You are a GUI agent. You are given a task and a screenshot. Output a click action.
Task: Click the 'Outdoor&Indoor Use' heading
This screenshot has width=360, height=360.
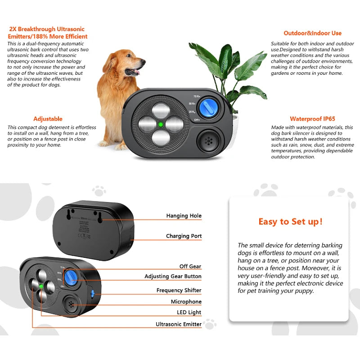tap(312, 33)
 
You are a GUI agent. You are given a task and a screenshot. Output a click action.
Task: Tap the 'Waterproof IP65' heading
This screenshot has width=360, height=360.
tap(312, 119)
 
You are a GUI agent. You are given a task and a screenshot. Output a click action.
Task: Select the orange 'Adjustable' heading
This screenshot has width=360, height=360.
tap(48, 119)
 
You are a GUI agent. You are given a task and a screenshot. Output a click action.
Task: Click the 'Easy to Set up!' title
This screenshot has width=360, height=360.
tap(290, 221)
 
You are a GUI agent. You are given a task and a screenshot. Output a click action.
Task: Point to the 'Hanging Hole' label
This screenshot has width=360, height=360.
tap(184, 216)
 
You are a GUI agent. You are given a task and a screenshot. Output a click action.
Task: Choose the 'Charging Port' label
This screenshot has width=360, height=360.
tap(184, 236)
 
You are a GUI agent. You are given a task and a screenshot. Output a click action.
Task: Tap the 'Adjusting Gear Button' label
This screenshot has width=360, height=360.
tap(173, 276)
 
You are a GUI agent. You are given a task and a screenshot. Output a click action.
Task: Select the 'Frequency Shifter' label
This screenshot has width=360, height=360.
tap(179, 290)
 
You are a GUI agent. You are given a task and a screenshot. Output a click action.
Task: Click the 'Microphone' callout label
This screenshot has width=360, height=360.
tap(186, 301)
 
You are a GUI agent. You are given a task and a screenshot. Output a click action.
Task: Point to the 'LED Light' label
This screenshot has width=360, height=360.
tap(189, 312)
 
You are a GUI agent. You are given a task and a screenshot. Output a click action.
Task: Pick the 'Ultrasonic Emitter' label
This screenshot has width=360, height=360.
tap(178, 324)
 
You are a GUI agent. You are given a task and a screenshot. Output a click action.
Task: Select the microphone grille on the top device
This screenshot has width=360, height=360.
tap(208, 140)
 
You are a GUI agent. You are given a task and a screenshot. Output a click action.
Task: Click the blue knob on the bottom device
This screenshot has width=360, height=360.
tap(70, 277)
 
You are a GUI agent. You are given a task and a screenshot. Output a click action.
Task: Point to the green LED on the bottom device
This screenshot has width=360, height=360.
tap(41, 286)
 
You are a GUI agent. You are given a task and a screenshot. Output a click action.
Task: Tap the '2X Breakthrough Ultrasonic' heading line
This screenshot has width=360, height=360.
tap(48, 29)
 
